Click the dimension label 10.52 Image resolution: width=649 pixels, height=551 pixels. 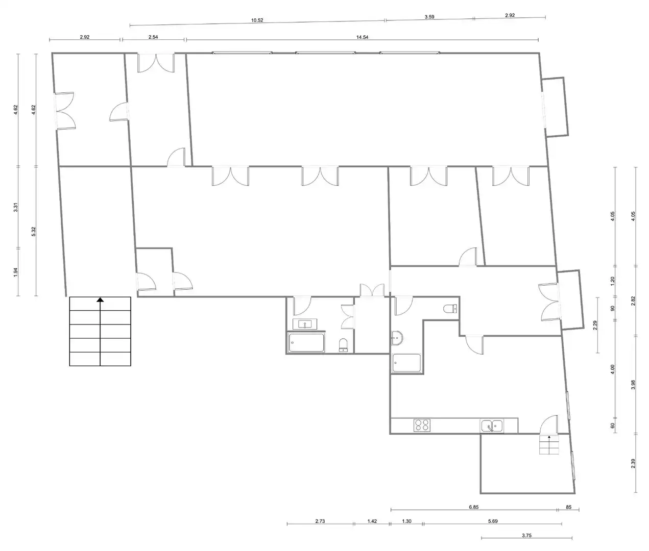click(257, 20)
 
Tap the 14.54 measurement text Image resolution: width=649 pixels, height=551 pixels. click(362, 37)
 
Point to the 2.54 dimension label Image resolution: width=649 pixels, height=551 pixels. click(153, 37)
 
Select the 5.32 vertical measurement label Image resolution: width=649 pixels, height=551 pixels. click(34, 232)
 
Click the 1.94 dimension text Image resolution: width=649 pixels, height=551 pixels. click(16, 272)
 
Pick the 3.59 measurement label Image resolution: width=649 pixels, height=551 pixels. click(429, 17)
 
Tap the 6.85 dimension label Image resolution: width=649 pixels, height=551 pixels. click(473, 507)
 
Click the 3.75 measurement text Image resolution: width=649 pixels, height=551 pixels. click(526, 536)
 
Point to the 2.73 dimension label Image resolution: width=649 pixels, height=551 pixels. click(320, 521)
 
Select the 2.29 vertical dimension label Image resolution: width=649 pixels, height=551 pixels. click(595, 325)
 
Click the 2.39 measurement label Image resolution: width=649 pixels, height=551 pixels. click(633, 464)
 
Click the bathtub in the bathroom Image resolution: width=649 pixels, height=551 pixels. click(306, 343)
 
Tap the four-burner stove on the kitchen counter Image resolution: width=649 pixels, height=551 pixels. click(422, 425)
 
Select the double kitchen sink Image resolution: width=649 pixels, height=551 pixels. click(492, 426)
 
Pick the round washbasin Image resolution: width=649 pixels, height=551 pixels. click(397, 338)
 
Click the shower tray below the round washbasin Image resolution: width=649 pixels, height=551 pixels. click(406, 363)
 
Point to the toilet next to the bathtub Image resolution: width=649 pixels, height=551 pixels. click(343, 345)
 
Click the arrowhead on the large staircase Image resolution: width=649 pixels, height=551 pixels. click(100, 299)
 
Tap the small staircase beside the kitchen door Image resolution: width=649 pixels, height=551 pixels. click(549, 445)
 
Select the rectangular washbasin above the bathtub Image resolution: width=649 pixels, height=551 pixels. click(304, 324)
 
